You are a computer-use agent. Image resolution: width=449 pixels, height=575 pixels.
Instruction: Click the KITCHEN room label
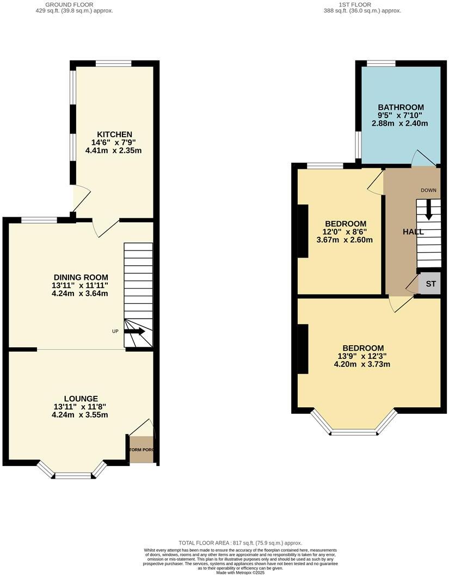(x=114, y=134)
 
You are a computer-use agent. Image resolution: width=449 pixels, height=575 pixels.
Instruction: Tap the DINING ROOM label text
(x=81, y=277)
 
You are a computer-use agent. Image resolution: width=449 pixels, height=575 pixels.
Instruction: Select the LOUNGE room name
(x=80, y=399)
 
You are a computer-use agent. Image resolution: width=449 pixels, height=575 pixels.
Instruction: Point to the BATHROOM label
(x=401, y=107)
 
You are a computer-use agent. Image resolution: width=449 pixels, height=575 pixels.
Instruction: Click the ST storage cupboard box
(x=430, y=284)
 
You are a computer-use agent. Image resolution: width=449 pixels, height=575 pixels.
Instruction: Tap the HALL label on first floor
(x=413, y=232)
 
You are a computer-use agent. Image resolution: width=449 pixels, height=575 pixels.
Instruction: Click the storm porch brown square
(x=142, y=450)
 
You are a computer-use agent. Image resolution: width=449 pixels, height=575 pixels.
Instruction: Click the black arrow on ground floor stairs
(x=134, y=331)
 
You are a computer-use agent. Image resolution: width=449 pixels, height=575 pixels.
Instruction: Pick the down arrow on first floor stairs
(x=428, y=210)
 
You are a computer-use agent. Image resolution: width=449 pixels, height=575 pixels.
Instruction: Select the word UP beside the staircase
(x=115, y=331)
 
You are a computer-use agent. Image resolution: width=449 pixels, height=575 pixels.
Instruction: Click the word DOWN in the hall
(x=430, y=190)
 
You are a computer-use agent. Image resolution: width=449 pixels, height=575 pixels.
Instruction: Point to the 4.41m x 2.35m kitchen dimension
(x=114, y=151)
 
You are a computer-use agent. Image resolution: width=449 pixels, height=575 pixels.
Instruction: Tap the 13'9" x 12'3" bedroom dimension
(x=362, y=357)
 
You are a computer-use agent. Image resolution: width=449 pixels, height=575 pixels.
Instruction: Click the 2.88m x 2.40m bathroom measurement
(x=400, y=124)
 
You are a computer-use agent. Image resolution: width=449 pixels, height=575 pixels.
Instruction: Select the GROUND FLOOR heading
(x=70, y=4)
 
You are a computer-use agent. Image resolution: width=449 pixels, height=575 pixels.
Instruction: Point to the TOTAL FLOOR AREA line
(x=240, y=543)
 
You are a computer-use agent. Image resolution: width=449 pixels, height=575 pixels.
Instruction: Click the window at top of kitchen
(x=114, y=64)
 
